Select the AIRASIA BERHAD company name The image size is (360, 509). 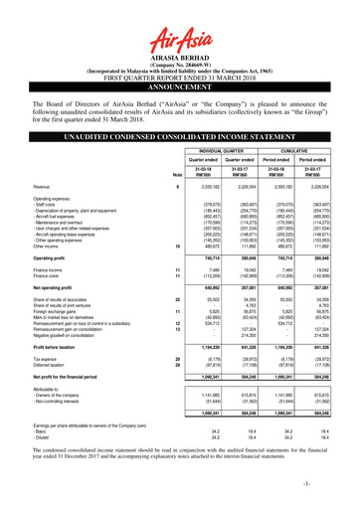click(180, 44)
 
